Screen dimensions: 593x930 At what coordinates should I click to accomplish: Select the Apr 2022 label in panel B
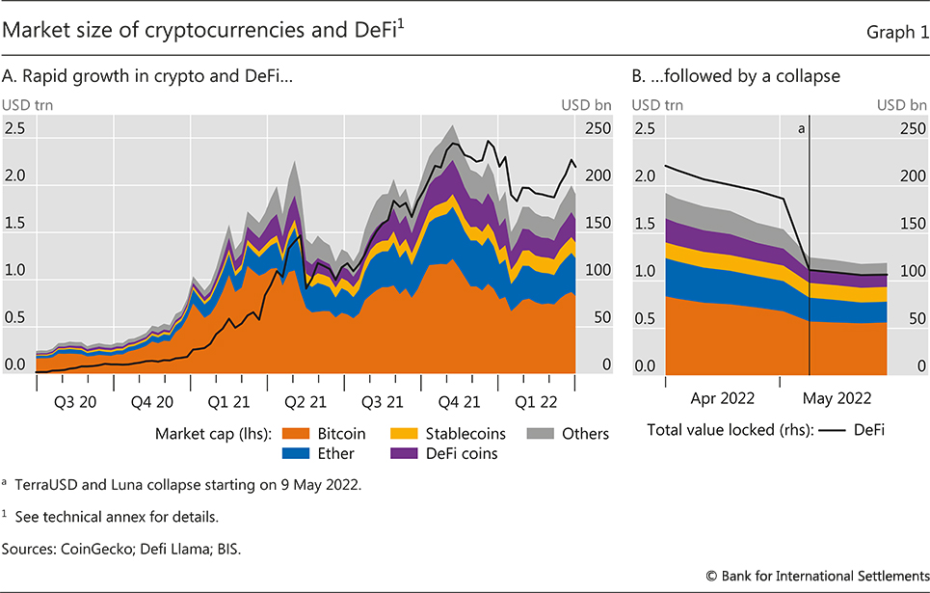click(x=723, y=397)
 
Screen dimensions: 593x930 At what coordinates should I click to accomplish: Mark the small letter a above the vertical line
click(x=802, y=126)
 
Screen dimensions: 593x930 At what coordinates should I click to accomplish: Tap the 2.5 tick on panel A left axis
click(x=17, y=129)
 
